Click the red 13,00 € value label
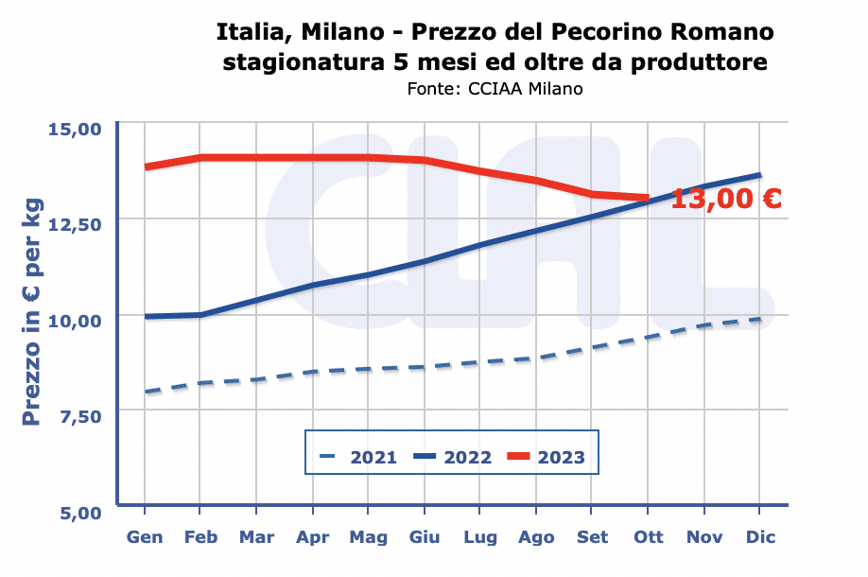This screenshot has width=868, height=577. [726, 200]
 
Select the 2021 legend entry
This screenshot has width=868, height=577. [359, 458]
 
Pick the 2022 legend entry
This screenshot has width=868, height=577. [453, 458]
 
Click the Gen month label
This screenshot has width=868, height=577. [145, 537]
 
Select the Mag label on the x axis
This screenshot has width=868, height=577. [368, 537]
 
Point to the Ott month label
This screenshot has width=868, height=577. [649, 537]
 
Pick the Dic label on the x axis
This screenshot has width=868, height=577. [760, 537]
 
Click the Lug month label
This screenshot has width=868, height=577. [480, 537]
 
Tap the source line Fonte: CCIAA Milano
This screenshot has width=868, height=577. [495, 89]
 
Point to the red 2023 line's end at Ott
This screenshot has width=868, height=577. [648, 199]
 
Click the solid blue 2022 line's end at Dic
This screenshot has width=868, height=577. [759, 175]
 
